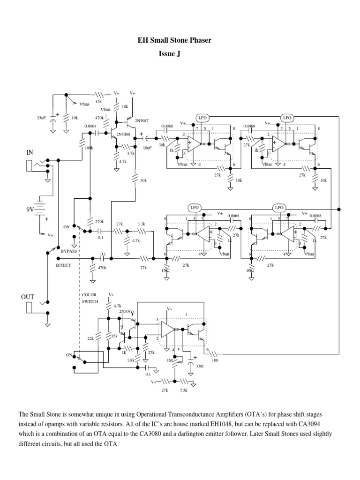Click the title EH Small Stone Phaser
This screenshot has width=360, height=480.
180,40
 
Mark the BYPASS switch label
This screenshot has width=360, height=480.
68,251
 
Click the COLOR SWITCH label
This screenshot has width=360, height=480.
90,298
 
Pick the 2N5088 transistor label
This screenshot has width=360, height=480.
123,133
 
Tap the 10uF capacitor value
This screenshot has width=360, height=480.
147,148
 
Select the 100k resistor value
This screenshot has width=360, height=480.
89,148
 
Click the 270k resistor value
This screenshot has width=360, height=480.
99,221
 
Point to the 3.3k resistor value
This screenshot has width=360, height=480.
142,224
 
